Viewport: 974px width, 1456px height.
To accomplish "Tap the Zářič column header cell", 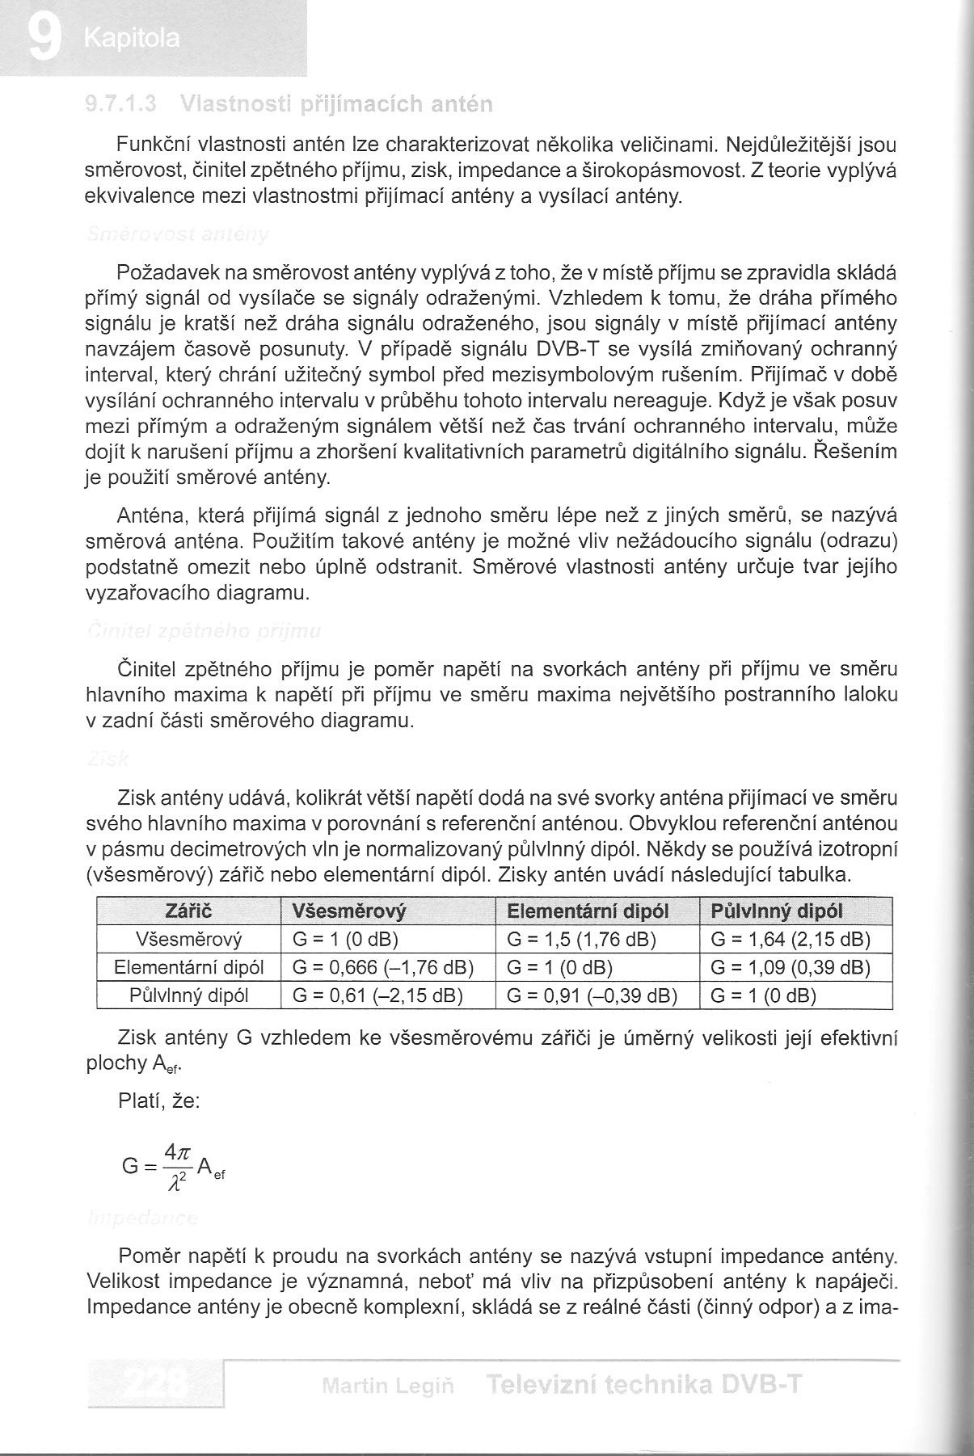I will point(188,911).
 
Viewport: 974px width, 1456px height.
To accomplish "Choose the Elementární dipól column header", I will point(588,911).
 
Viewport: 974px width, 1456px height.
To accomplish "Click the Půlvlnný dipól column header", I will point(776,911).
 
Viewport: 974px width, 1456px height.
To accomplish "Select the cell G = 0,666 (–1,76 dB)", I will point(382,967).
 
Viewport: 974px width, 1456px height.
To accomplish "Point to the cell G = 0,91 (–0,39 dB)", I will point(592,995).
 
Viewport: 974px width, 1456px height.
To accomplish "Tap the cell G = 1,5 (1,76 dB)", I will point(581,940).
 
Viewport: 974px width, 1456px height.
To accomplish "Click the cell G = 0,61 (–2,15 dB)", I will point(377,995).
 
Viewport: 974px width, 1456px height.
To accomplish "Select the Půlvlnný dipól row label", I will point(188,995).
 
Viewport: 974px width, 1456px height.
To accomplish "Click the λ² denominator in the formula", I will point(175,1182).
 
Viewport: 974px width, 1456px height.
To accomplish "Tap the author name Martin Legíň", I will point(387,1387).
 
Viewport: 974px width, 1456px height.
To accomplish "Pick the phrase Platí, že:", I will point(158,1102).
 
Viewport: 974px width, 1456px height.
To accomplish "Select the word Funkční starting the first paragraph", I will point(154,145).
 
